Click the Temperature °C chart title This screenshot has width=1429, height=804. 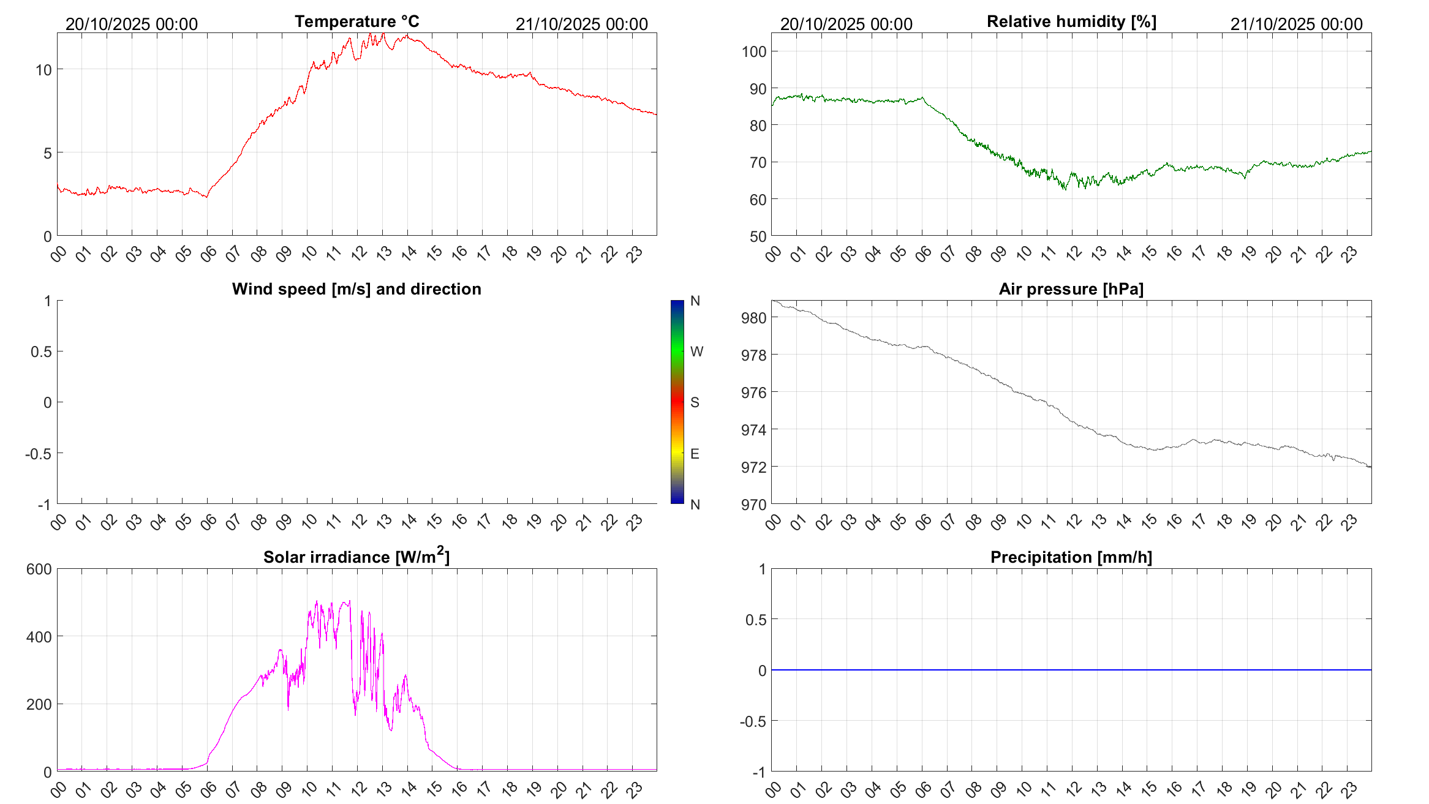pyautogui.click(x=357, y=21)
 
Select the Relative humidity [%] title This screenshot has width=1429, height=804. pyautogui.click(x=1071, y=21)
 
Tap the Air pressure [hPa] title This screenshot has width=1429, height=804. pyautogui.click(x=1071, y=289)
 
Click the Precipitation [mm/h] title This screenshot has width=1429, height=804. pyautogui.click(x=1071, y=557)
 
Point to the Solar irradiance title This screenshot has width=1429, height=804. pyautogui.click(x=356, y=557)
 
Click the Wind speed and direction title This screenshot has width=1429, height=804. pyautogui.click(x=356, y=289)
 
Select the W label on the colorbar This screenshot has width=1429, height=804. pyautogui.click(x=696, y=351)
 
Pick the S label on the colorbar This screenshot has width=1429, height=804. pyautogui.click(x=695, y=402)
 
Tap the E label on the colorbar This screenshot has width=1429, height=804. pyautogui.click(x=695, y=454)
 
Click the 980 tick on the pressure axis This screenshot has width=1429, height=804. pyautogui.click(x=753, y=318)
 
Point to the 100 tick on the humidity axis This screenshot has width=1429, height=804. pyautogui.click(x=753, y=51)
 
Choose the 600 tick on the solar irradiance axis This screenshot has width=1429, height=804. pyautogui.click(x=39, y=569)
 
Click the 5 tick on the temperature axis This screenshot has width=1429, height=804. pyautogui.click(x=47, y=153)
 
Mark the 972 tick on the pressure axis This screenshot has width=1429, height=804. pyautogui.click(x=753, y=467)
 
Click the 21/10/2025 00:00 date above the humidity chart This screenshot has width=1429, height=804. pyautogui.click(x=1297, y=24)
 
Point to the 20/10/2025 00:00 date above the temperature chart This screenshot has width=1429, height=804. pyautogui.click(x=132, y=24)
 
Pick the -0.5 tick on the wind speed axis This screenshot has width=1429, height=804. pyautogui.click(x=38, y=454)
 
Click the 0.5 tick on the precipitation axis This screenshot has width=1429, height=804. pyautogui.click(x=755, y=620)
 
